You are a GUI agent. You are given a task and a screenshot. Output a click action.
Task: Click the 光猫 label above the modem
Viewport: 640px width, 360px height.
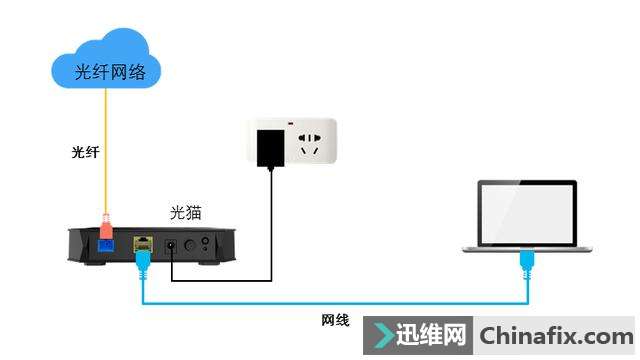tap(187, 213)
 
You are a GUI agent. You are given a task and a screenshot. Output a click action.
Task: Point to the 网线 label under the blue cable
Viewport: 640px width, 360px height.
tap(335, 320)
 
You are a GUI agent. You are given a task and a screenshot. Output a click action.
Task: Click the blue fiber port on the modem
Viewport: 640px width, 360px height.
tap(105, 242)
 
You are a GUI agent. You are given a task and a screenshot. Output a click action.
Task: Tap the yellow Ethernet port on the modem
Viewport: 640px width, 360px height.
tap(142, 243)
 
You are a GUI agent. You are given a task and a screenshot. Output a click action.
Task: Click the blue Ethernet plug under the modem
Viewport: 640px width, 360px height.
tap(142, 262)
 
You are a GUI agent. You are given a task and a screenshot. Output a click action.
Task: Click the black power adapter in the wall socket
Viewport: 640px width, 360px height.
tap(269, 147)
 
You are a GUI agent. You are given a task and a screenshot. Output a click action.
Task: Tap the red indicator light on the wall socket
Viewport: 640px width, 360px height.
tap(291, 125)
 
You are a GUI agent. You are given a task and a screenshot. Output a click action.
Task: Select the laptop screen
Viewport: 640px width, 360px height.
tap(526, 213)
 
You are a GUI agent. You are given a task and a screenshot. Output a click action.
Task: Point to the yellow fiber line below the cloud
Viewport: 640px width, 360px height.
tap(105, 150)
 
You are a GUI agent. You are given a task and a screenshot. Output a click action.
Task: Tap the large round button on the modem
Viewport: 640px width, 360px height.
tap(206, 244)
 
